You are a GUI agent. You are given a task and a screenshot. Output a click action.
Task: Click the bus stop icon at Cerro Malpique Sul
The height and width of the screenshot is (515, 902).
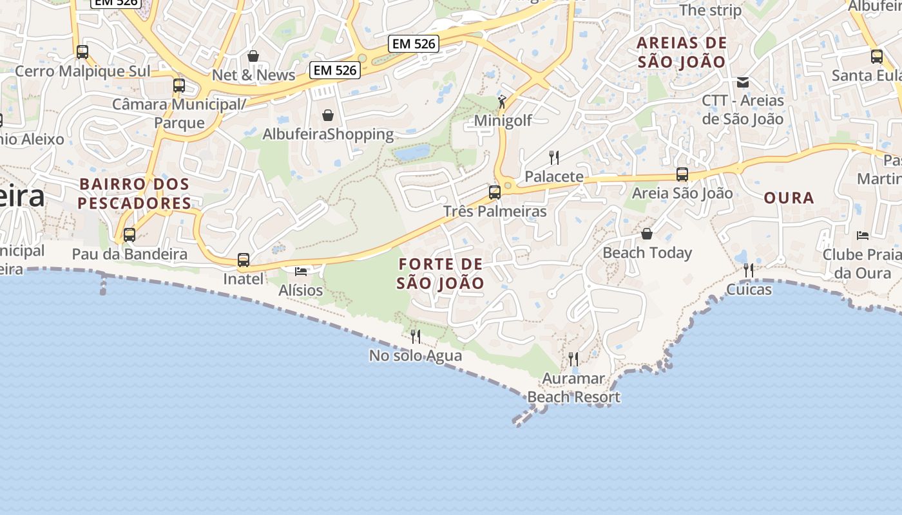coord(82,52)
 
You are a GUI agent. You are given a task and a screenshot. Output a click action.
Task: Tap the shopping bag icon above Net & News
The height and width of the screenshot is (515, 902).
coord(253,56)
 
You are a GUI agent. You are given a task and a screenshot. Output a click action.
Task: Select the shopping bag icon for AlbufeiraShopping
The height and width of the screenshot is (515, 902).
coord(328,115)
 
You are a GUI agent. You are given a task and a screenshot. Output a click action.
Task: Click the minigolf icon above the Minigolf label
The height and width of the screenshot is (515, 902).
coord(502,102)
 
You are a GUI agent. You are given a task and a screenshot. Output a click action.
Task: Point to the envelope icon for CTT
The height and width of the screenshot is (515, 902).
coord(743,82)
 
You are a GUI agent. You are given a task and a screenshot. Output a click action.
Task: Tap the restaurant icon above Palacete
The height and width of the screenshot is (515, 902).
coord(553,157)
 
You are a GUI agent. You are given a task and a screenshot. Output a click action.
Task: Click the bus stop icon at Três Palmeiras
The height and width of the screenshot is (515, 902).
coord(495,192)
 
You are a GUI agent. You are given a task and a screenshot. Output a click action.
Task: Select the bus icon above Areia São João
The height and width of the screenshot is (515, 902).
coord(682,174)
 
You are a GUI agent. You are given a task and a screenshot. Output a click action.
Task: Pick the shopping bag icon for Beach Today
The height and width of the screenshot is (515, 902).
coord(647,234)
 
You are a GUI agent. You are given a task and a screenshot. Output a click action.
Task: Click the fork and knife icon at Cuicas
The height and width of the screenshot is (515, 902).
coord(749,270)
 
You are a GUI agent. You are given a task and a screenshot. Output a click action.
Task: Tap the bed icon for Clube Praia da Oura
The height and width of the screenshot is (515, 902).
coord(863,236)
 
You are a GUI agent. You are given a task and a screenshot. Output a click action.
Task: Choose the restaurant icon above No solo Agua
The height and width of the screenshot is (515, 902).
coord(416,336)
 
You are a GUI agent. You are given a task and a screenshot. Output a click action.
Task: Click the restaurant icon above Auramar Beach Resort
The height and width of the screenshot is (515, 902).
coord(573,359)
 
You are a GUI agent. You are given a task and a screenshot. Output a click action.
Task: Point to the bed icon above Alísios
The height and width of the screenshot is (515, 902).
coord(300,271)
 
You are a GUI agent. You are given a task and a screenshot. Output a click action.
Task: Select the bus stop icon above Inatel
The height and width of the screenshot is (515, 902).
coord(244,260)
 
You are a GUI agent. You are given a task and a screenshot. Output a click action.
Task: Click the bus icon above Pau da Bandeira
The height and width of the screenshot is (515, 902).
coord(130,235)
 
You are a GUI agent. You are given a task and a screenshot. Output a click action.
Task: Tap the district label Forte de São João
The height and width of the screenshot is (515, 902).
coord(441,274)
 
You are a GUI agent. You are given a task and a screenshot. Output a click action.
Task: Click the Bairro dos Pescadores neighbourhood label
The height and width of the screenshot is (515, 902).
coord(135,194)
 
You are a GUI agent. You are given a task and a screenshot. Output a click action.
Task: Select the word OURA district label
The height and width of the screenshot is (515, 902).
coord(789,198)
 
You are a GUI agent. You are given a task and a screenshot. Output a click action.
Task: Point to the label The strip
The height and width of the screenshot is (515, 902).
coord(711,10)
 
